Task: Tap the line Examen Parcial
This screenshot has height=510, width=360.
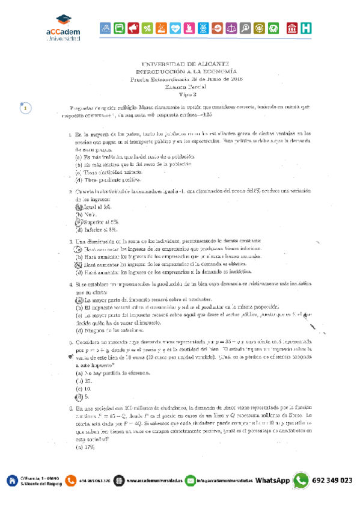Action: (x=183, y=87)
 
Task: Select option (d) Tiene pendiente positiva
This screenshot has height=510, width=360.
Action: (x=108, y=179)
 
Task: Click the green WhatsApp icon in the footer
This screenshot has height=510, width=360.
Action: (x=301, y=481)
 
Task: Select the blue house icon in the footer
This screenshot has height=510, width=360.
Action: (x=11, y=481)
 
